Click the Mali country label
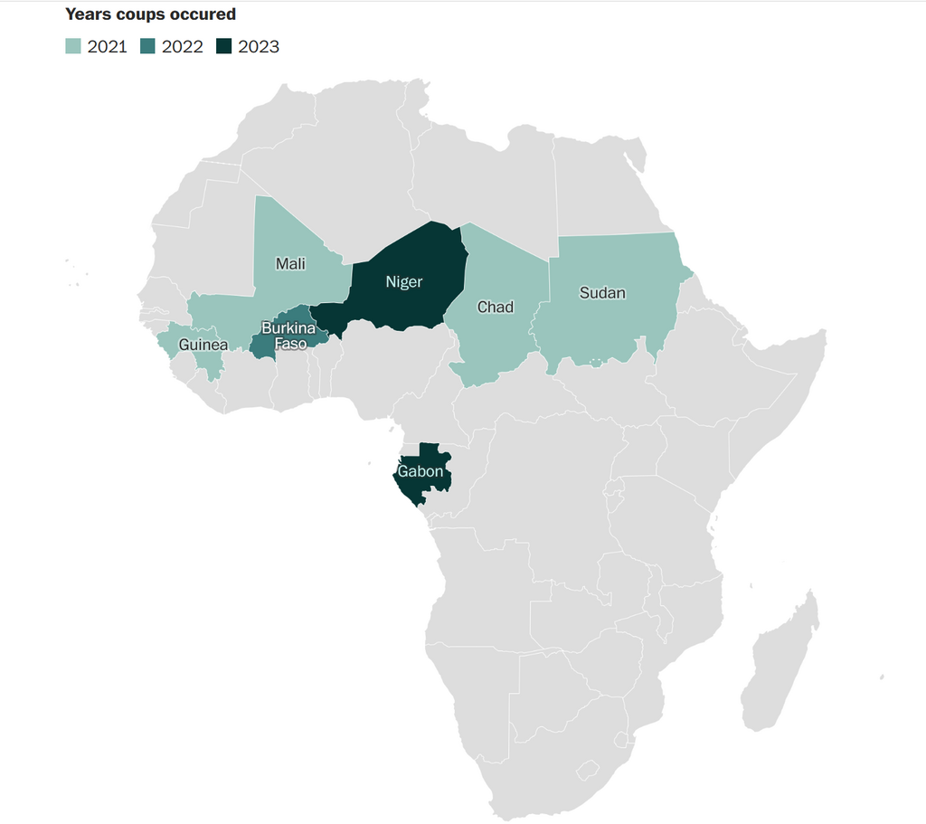pyautogui.click(x=290, y=264)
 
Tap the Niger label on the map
pyautogui.click(x=404, y=282)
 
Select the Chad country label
pyautogui.click(x=496, y=308)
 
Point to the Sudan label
pyautogui.click(x=602, y=293)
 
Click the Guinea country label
pyautogui.click(x=203, y=345)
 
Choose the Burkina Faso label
pyautogui.click(x=288, y=336)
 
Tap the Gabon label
pyautogui.click(x=422, y=472)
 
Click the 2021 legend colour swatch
pyautogui.click(x=73, y=46)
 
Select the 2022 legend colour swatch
pyautogui.click(x=148, y=46)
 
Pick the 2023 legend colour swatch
pyautogui.click(x=223, y=46)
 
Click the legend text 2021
pyautogui.click(x=107, y=47)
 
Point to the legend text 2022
pyautogui.click(x=183, y=47)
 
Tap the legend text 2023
pyautogui.click(x=259, y=47)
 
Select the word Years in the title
pyautogui.click(x=88, y=14)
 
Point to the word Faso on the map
pyautogui.click(x=289, y=344)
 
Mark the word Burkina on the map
pyautogui.click(x=288, y=327)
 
